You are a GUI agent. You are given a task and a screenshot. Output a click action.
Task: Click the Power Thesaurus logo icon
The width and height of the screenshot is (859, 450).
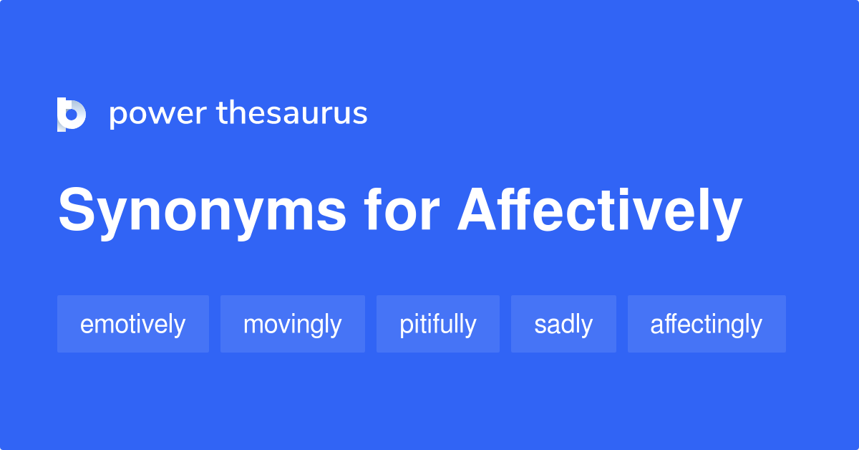72,114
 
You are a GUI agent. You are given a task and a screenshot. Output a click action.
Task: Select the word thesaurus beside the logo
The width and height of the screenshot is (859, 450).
292,113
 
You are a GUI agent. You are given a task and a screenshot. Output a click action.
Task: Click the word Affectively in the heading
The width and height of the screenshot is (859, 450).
600,211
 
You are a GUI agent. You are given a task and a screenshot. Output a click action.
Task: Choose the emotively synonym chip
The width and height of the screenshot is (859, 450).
132,325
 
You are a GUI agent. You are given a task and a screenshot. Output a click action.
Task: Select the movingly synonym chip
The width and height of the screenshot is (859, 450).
292,325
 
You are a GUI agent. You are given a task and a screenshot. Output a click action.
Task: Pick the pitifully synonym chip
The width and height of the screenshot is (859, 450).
437,325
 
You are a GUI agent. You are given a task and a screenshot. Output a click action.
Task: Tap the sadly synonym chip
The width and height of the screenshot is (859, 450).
563,325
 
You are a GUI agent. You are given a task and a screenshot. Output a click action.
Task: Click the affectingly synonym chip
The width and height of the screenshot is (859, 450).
706,325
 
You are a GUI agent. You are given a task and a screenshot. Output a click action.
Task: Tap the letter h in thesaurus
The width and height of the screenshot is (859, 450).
238,112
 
